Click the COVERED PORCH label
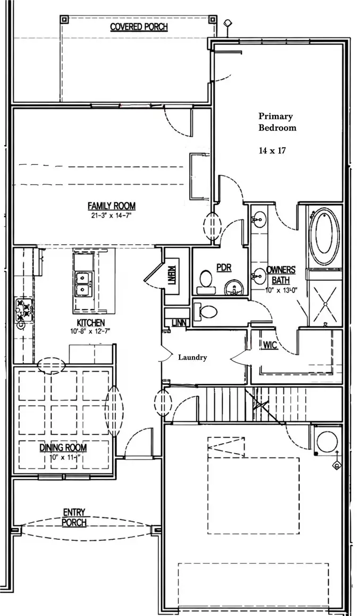[x=138, y=27]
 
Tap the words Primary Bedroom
[x=277, y=122]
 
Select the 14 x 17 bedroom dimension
[x=272, y=151]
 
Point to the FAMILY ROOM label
[x=111, y=206]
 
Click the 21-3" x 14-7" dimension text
[x=111, y=215]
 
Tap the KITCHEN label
[x=90, y=322]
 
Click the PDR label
[x=224, y=268]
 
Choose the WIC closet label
[x=270, y=345]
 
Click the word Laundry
[x=192, y=357]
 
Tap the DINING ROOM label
[x=63, y=447]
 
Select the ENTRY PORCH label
[x=74, y=517]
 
